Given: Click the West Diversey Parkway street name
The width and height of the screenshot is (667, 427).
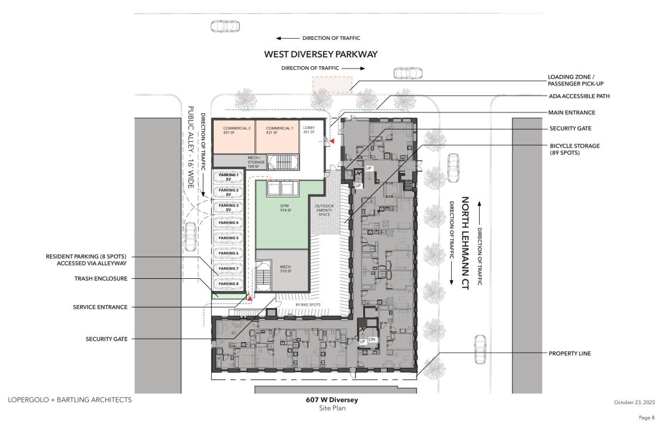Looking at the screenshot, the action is (x=321, y=54).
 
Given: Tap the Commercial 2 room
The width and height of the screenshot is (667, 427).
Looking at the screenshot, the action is (x=234, y=138).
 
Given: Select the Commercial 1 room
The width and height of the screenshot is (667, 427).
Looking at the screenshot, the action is (x=277, y=138).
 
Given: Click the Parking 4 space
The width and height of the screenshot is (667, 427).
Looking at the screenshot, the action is (x=228, y=223).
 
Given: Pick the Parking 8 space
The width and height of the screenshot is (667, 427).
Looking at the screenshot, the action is (x=228, y=284).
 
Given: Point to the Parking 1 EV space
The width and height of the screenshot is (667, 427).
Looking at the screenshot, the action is (x=228, y=177).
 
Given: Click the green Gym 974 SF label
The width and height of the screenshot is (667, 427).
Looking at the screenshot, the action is (x=285, y=208).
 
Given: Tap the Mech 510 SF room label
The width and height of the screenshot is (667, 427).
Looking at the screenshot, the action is (x=286, y=269).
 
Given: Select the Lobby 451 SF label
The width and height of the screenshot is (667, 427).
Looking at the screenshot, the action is (x=310, y=130).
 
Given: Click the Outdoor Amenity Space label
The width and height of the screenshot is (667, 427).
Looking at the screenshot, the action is (x=324, y=210).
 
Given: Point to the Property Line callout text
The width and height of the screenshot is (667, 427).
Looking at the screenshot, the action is (x=570, y=353).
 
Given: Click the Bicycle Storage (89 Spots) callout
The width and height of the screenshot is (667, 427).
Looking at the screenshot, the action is (x=575, y=149).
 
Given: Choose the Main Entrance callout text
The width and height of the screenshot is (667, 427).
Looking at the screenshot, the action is (x=572, y=112).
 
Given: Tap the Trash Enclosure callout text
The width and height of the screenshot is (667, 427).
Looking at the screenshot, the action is (x=101, y=278).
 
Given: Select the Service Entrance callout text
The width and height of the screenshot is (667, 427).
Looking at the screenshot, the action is (x=100, y=307).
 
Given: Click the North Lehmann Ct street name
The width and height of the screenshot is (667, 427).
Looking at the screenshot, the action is (x=465, y=243).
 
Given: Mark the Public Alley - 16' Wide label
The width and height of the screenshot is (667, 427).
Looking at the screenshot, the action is (x=191, y=147).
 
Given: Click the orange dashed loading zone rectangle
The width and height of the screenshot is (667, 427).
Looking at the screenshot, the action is (x=332, y=84).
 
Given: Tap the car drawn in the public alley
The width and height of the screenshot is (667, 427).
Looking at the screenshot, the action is (x=191, y=237).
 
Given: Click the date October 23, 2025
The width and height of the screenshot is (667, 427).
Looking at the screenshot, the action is (x=634, y=402).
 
